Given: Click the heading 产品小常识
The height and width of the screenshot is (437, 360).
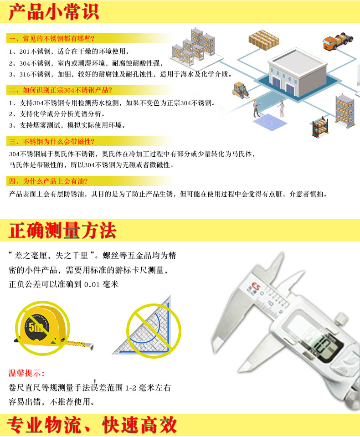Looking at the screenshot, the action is pos(53,12).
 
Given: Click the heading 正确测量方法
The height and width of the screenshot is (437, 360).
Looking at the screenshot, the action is pos(62,231).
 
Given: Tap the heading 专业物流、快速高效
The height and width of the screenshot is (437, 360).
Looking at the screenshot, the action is pos(92,425).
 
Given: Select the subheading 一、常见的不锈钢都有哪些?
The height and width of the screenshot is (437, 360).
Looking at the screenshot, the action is pos(52,38).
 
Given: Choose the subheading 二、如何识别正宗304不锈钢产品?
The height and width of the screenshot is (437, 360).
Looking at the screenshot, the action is pos(61,90).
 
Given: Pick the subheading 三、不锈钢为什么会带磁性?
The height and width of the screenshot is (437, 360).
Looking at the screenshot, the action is pos(52,142).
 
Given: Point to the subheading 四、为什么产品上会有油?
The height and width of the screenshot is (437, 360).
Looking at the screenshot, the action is pos(48,181).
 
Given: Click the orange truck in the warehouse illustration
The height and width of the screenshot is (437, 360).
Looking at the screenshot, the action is pos(338,41).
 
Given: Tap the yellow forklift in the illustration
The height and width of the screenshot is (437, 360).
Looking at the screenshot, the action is pos(240,90).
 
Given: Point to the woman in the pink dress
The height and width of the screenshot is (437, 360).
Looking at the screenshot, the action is pos(282,109).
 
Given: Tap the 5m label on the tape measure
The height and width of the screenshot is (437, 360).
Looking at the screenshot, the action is pos(36,327).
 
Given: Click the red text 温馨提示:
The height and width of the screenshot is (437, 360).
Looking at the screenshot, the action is pos(26,373).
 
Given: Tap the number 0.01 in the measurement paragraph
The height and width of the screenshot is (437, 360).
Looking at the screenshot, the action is pos(92,284).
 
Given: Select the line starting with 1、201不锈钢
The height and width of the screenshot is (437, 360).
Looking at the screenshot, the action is pos(69,51).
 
